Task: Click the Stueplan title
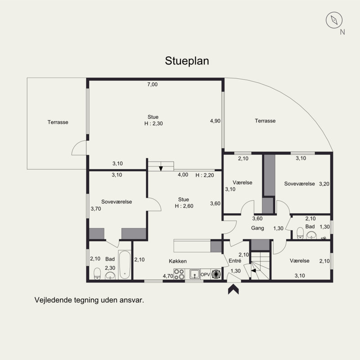point(187,61)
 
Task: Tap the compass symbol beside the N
point(334,20)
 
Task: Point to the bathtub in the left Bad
point(125,265)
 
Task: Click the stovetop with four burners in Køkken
point(179,274)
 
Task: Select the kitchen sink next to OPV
point(195,274)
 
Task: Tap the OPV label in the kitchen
point(205,274)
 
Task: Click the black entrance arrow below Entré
point(233,289)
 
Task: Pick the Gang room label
point(257,228)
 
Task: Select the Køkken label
point(178,261)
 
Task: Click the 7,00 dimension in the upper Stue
point(153,85)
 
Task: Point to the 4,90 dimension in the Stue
point(215,121)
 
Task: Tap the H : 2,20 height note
point(205,175)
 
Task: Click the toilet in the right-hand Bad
point(300,233)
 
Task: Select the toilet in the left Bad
point(97,274)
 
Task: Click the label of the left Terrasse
point(58,122)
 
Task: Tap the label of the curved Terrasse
point(265,121)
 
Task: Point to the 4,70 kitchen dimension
point(168,276)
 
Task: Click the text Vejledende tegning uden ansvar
point(89,300)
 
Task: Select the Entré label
point(235,261)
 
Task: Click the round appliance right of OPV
point(216,274)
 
